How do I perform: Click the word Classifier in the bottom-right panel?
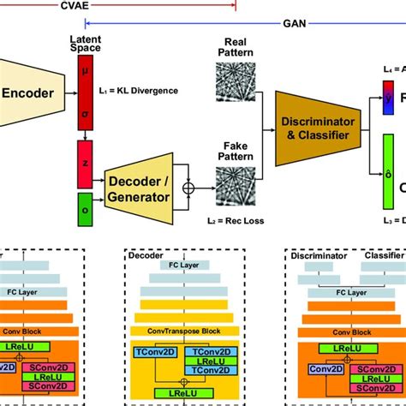(384, 255)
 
